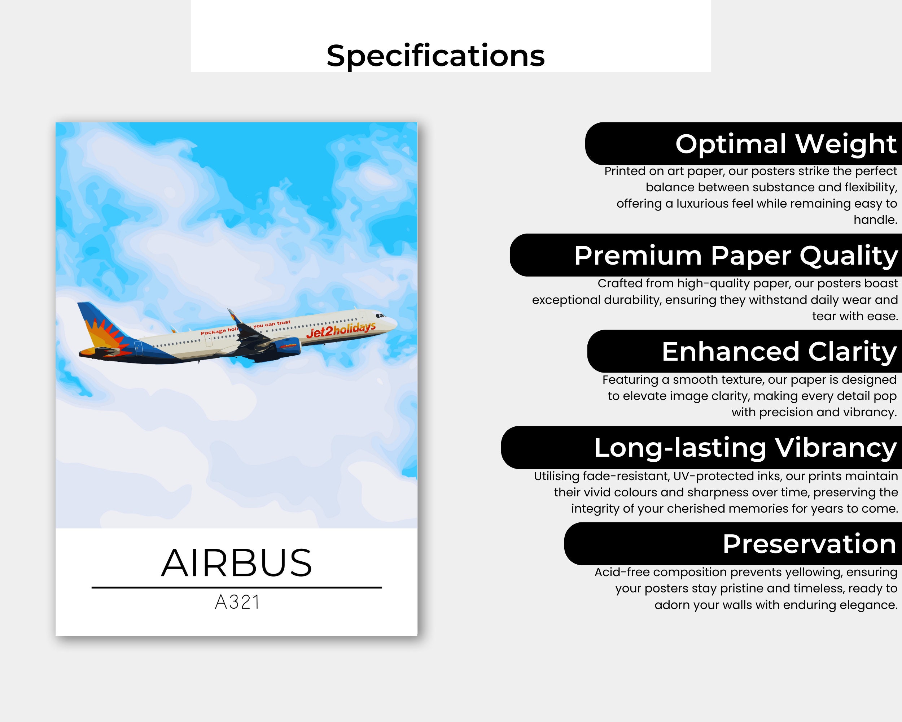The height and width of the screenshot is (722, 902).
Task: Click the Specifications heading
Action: (435, 56)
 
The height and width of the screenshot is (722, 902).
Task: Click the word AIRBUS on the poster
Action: (237, 563)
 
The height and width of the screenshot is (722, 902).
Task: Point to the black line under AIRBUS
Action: (237, 588)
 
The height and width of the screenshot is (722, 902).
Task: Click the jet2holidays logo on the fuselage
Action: (341, 329)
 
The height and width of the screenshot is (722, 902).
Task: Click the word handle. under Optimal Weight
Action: (875, 220)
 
